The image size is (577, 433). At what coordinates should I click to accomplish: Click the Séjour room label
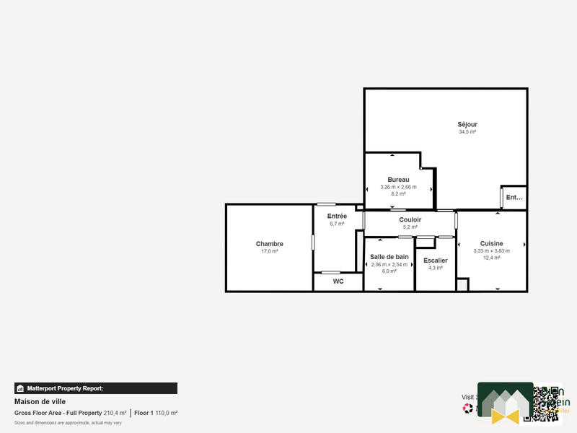[467, 124]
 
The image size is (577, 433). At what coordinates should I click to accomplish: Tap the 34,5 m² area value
[467, 132]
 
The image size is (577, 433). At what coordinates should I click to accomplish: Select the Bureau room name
[398, 179]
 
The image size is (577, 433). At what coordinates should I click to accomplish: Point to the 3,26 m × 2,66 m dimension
[398, 187]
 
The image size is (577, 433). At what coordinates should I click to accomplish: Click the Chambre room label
[269, 244]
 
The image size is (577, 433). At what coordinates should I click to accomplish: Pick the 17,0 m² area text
[269, 251]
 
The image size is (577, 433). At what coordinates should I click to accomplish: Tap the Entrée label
[337, 216]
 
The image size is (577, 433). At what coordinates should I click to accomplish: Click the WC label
[338, 281]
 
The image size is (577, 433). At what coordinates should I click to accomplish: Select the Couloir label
[410, 219]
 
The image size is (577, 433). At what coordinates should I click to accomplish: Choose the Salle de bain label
[389, 257]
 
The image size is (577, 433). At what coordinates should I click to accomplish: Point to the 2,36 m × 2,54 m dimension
[389, 264]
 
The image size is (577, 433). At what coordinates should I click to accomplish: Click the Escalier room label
[436, 261]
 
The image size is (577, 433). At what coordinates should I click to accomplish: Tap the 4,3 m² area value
[436, 268]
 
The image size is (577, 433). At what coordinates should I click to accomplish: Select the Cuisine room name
[491, 243]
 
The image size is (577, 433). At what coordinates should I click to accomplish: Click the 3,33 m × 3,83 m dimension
[491, 251]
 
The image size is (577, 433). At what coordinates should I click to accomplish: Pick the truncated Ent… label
[514, 197]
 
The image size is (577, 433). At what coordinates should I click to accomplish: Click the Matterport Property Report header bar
[96, 388]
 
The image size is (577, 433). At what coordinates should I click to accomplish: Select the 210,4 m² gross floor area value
[115, 413]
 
